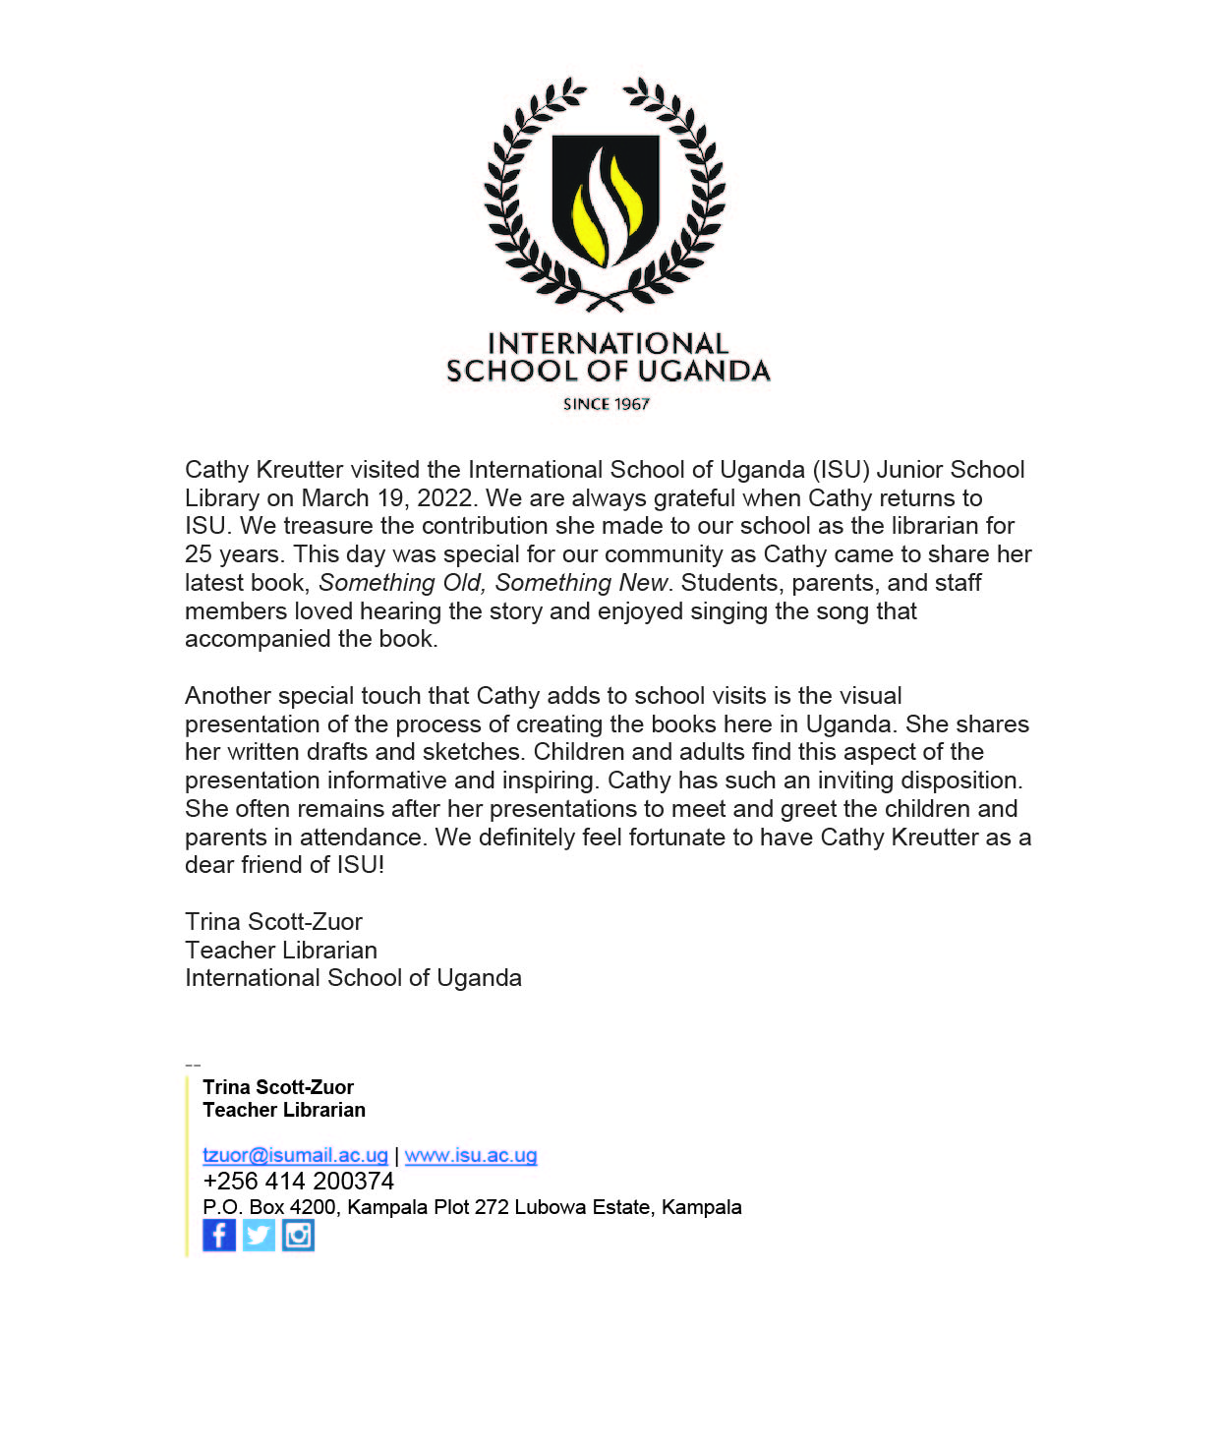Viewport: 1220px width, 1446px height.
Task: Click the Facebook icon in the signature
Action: tap(219, 1235)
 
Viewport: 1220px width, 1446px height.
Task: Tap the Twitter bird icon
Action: tap(259, 1235)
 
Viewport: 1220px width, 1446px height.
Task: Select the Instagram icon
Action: tap(298, 1235)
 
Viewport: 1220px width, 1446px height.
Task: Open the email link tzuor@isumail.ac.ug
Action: tap(295, 1155)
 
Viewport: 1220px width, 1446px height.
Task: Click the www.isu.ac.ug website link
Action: tap(471, 1155)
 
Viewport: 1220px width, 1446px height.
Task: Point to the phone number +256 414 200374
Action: tap(298, 1181)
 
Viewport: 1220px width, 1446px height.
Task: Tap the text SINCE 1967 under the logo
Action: tap(607, 404)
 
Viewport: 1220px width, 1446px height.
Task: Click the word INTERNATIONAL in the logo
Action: tap(608, 343)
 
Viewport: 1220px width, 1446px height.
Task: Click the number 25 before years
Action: tap(199, 554)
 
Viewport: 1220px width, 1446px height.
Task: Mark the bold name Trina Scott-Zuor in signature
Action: tap(278, 1087)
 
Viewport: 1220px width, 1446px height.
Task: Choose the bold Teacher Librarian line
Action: tap(284, 1110)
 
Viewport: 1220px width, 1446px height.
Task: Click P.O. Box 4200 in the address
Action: tap(269, 1207)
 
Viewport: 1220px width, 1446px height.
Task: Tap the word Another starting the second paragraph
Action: tap(228, 696)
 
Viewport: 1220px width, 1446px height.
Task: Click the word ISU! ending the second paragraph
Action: tap(361, 865)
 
